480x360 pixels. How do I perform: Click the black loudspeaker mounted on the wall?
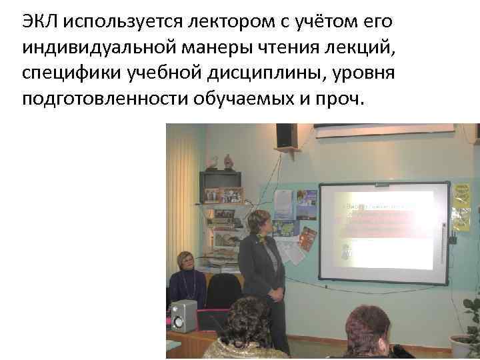pyautogui.click(x=286, y=135)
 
